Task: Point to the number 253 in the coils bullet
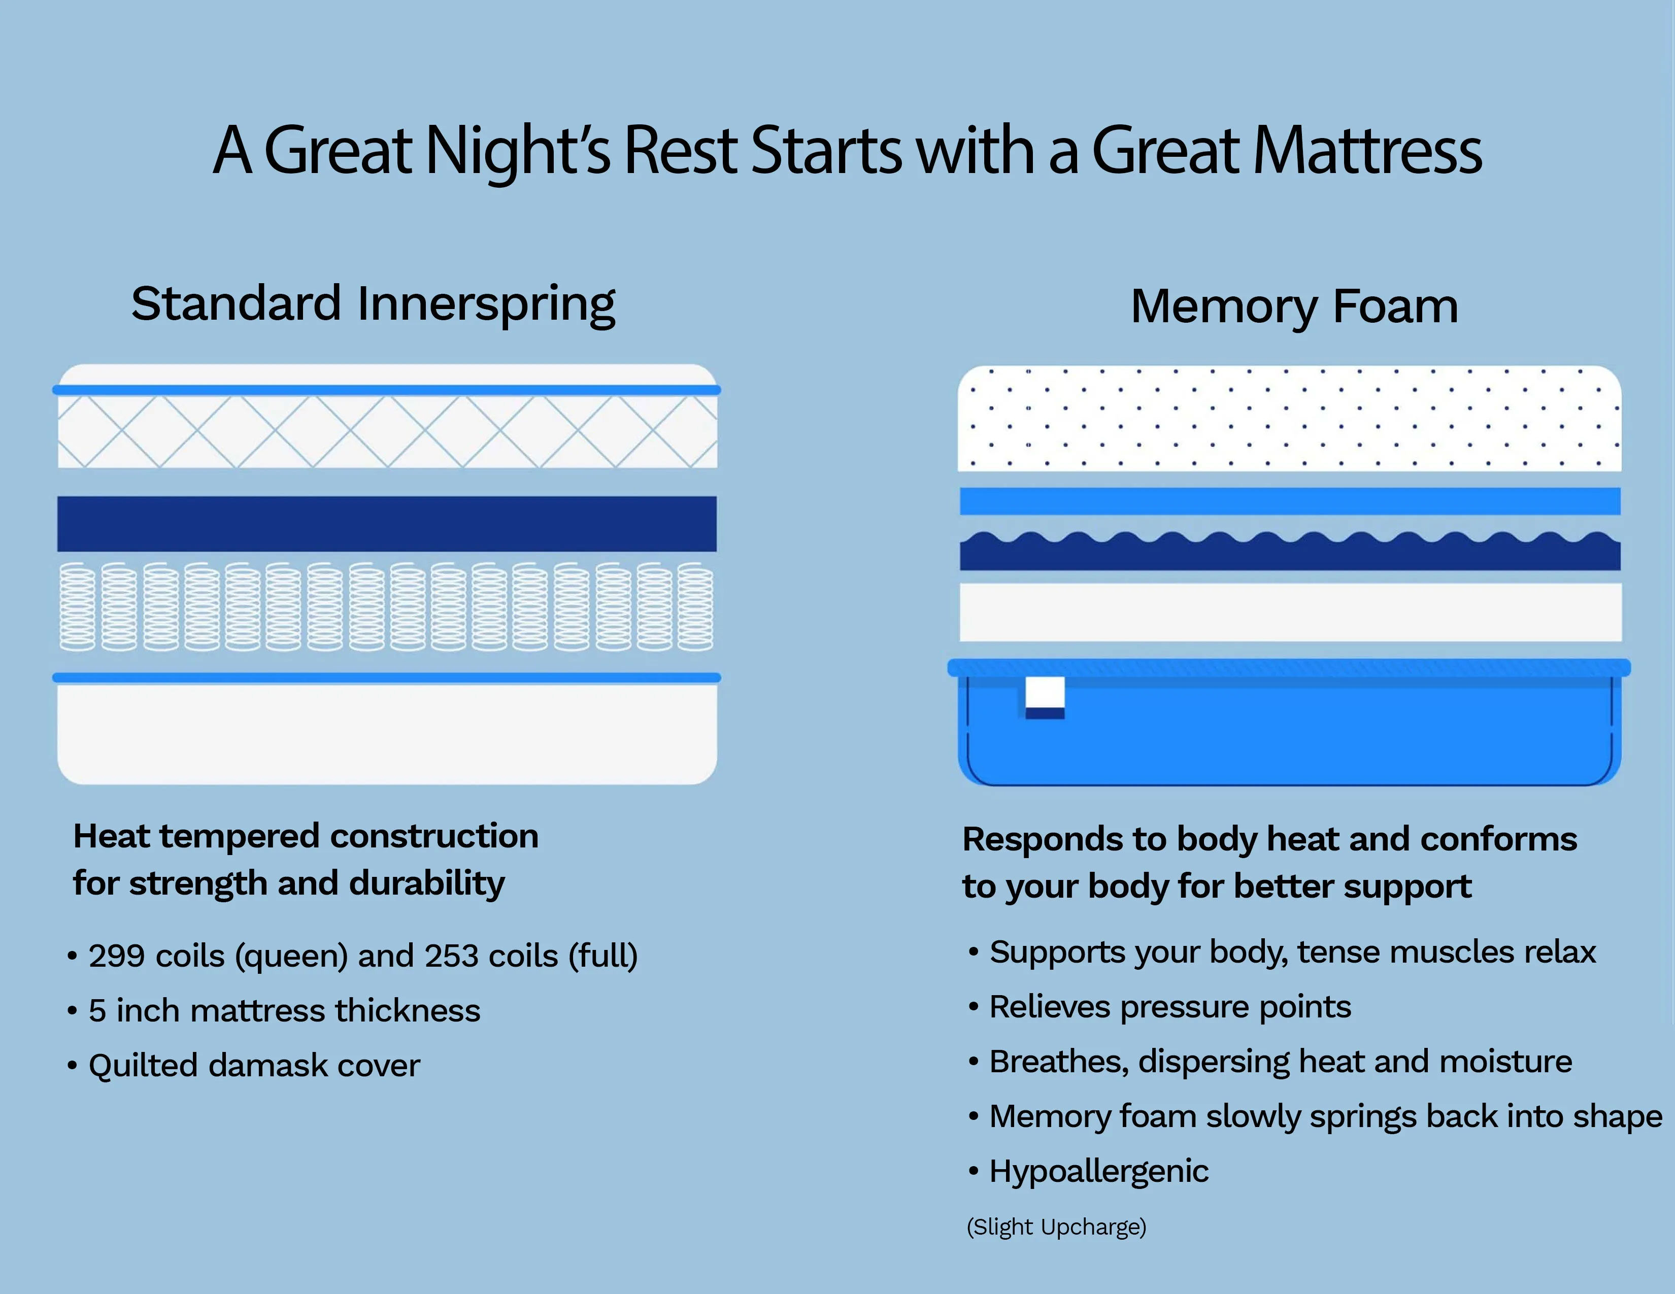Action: tap(452, 956)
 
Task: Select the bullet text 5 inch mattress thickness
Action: tap(285, 1010)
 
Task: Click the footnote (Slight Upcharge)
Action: tap(1056, 1228)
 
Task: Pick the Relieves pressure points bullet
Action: tap(1170, 1007)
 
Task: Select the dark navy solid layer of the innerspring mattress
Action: tap(387, 524)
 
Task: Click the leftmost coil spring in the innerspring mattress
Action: tap(78, 606)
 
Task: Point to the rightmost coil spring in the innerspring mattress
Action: tap(695, 606)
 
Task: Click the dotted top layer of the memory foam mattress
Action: tap(1289, 419)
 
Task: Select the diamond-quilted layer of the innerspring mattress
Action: tap(387, 432)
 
